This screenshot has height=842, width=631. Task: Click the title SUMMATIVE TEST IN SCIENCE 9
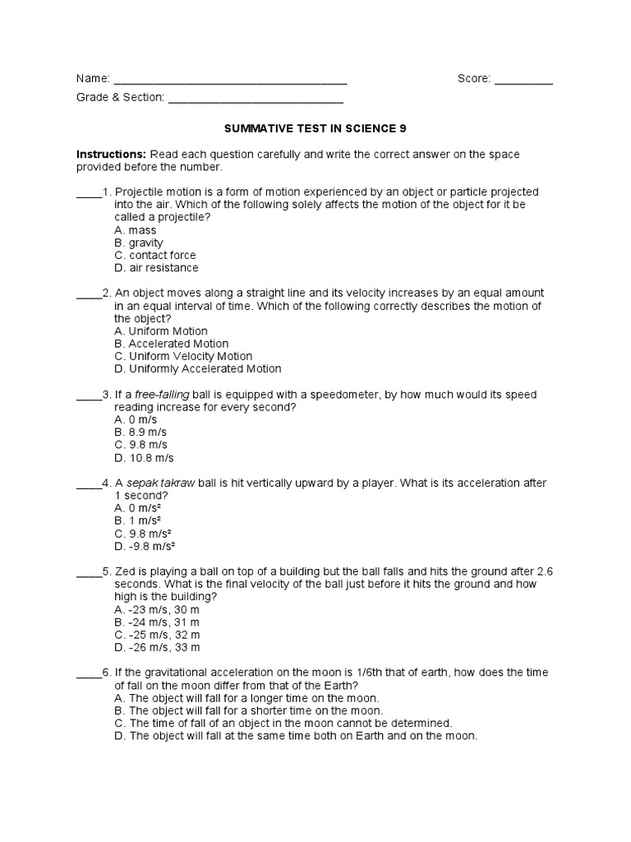315,129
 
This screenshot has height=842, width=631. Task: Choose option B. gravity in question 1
139,243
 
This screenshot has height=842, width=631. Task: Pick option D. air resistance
156,267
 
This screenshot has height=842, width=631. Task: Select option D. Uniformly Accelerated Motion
198,368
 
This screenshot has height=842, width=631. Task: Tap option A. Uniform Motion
161,331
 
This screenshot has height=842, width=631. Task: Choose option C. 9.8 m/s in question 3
140,445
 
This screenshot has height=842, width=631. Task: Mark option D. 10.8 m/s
144,457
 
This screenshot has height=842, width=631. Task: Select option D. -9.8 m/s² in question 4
145,545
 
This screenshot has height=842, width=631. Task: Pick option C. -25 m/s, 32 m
157,635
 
